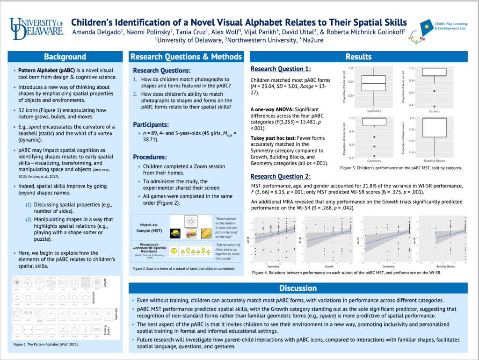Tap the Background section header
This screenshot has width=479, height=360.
point(65,57)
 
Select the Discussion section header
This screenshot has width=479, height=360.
point(298,288)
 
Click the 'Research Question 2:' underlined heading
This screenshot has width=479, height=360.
point(280,176)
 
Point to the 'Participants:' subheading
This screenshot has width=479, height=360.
point(152,125)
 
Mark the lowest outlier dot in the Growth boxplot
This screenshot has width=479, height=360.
point(435,106)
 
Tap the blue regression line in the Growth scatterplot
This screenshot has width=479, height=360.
point(330,238)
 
